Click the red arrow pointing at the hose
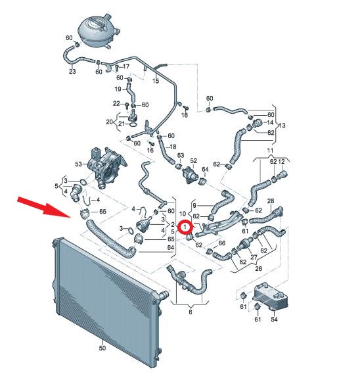pos(44,207)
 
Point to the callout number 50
pos(102,348)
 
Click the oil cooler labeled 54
pos(271,297)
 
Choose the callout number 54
pos(274,319)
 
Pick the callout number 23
pos(72,72)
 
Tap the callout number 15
pos(156,81)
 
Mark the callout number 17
pos(126,66)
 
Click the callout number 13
pos(282,126)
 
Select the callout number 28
pos(271,201)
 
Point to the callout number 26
pos(258,268)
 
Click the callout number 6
pos(191,312)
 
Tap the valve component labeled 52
pos(190,174)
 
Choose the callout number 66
pos(222,243)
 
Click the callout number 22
pos(116,103)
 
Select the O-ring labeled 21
pos(133,125)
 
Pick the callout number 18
pos(173,147)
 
